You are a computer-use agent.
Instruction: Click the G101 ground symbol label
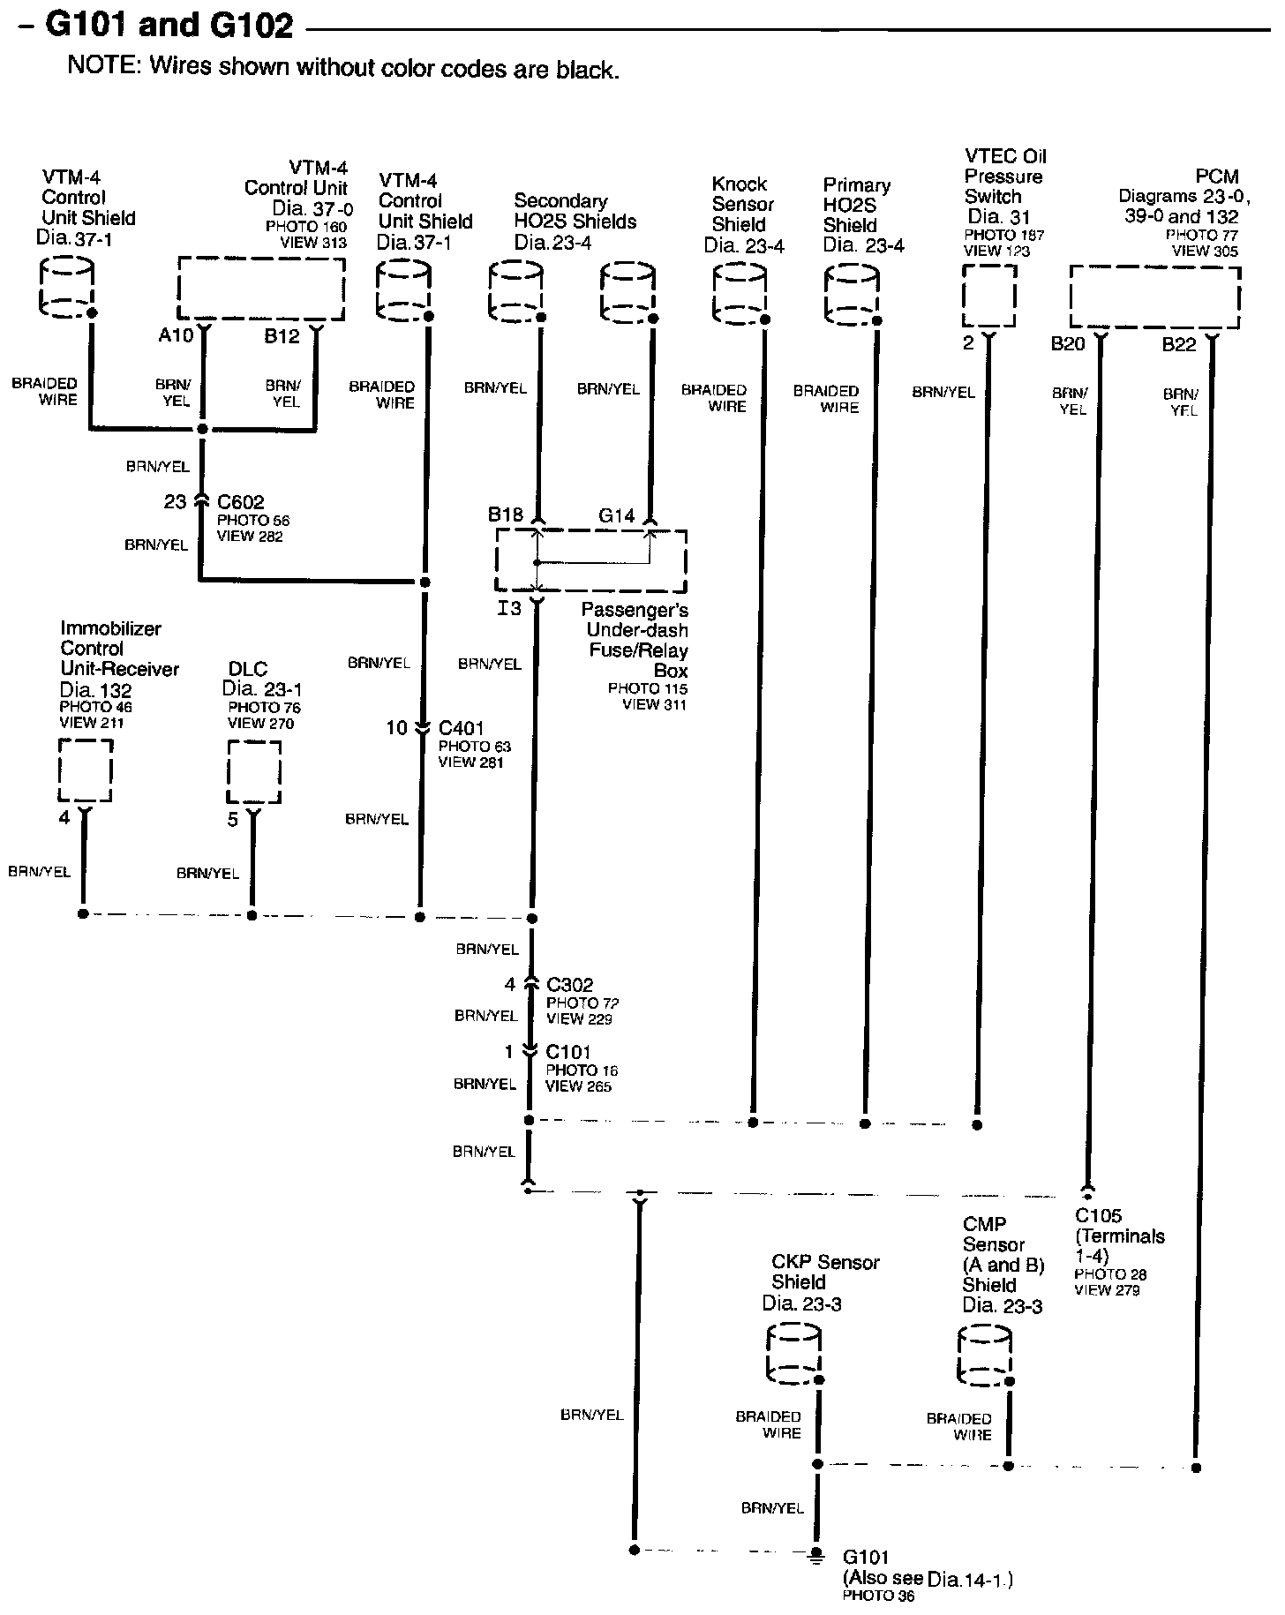866,1557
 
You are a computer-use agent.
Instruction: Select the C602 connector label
240,502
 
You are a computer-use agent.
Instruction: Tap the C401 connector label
461,728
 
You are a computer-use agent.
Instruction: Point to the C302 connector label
569,985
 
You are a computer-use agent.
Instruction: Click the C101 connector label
568,1052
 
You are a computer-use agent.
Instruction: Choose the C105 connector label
1098,1216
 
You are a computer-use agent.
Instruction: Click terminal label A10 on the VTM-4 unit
175,335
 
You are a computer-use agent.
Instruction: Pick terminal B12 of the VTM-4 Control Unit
282,336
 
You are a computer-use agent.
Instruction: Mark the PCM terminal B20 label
1067,344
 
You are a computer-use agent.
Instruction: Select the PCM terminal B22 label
1178,345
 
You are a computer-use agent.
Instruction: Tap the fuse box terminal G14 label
616,515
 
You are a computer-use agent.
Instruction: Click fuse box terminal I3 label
509,608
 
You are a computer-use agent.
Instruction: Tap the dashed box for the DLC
254,771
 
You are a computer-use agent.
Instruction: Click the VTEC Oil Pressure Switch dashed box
988,295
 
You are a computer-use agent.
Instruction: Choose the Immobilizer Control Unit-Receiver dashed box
86,770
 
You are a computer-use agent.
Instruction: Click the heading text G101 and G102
169,26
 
